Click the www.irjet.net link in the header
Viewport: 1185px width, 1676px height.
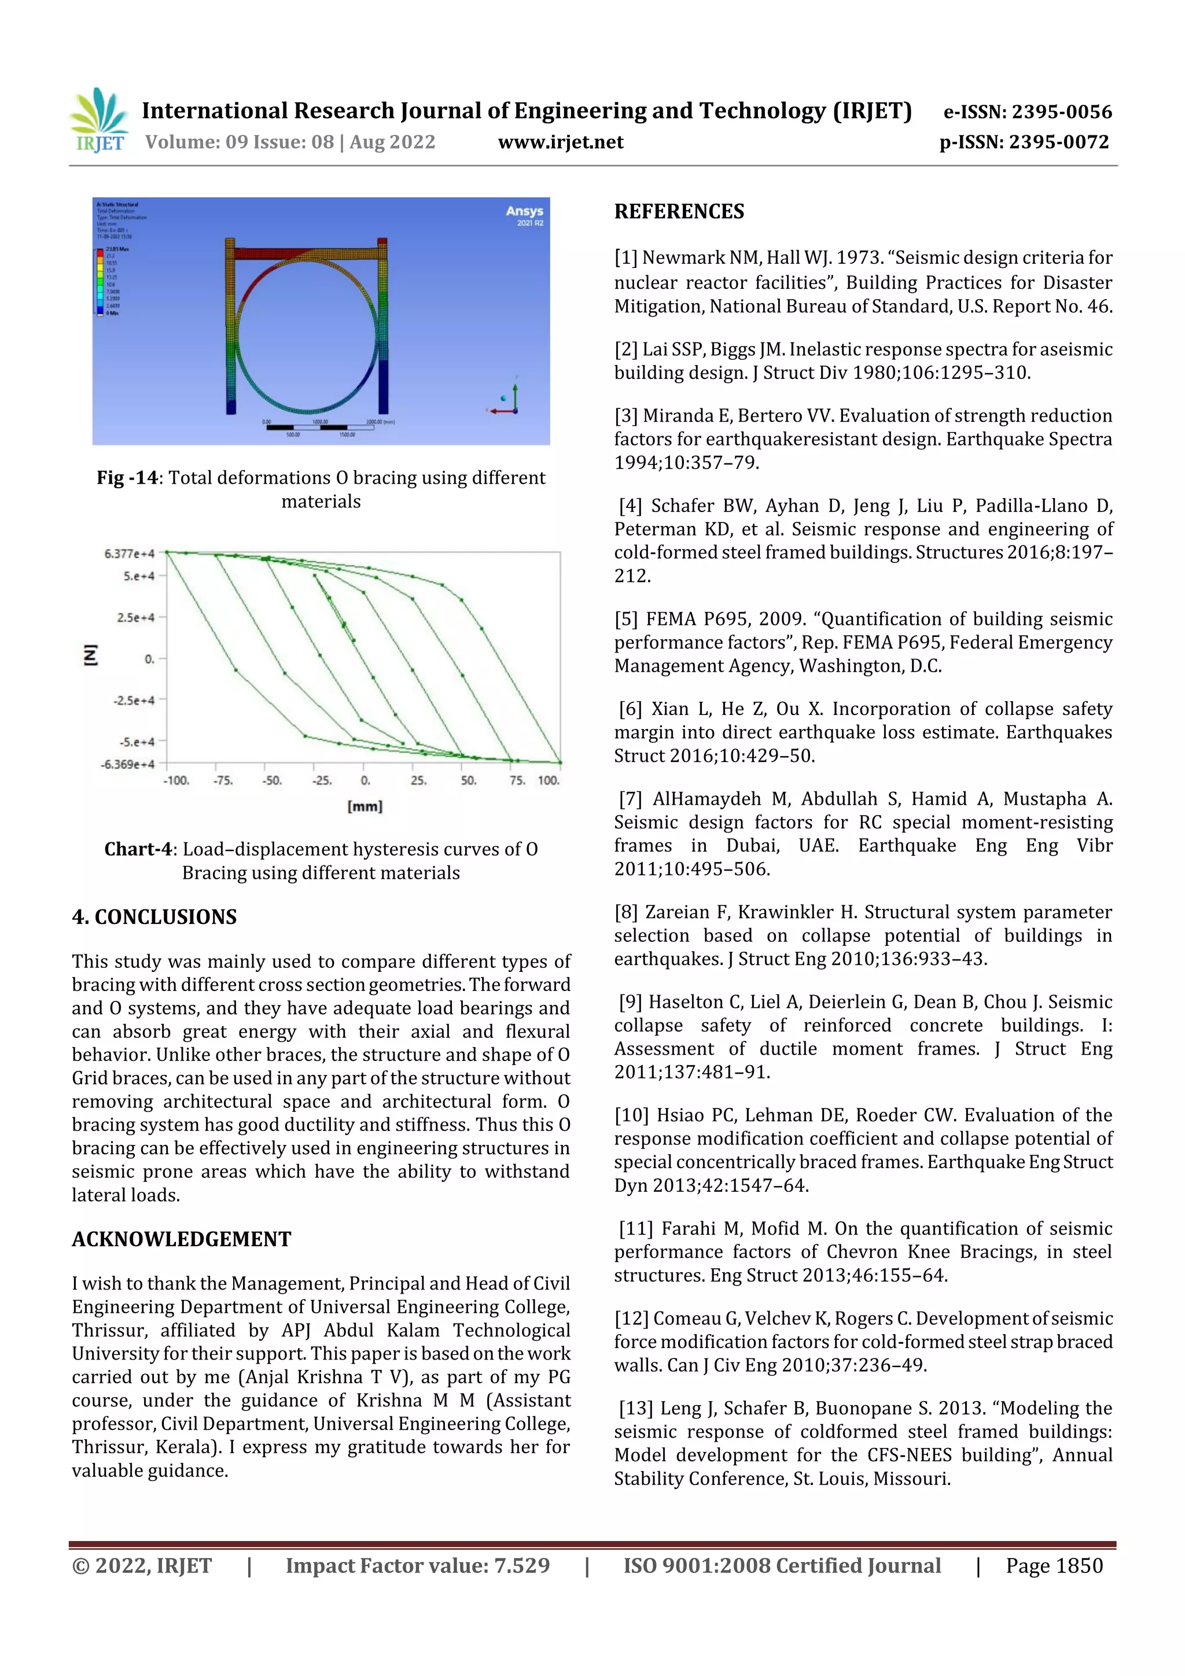(560, 142)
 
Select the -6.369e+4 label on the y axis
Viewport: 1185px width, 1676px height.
(128, 764)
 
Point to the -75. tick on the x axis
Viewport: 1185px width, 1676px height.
(223, 780)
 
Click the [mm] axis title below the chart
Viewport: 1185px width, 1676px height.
(365, 806)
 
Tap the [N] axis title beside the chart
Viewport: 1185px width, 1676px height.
(90, 655)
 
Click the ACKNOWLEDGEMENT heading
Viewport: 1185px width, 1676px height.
(181, 1239)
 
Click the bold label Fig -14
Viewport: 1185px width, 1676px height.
(127, 477)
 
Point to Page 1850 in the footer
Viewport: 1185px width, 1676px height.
(1054, 1566)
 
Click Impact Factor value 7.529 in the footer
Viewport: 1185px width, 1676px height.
(417, 1566)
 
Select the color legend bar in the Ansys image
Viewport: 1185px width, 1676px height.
(100, 282)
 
